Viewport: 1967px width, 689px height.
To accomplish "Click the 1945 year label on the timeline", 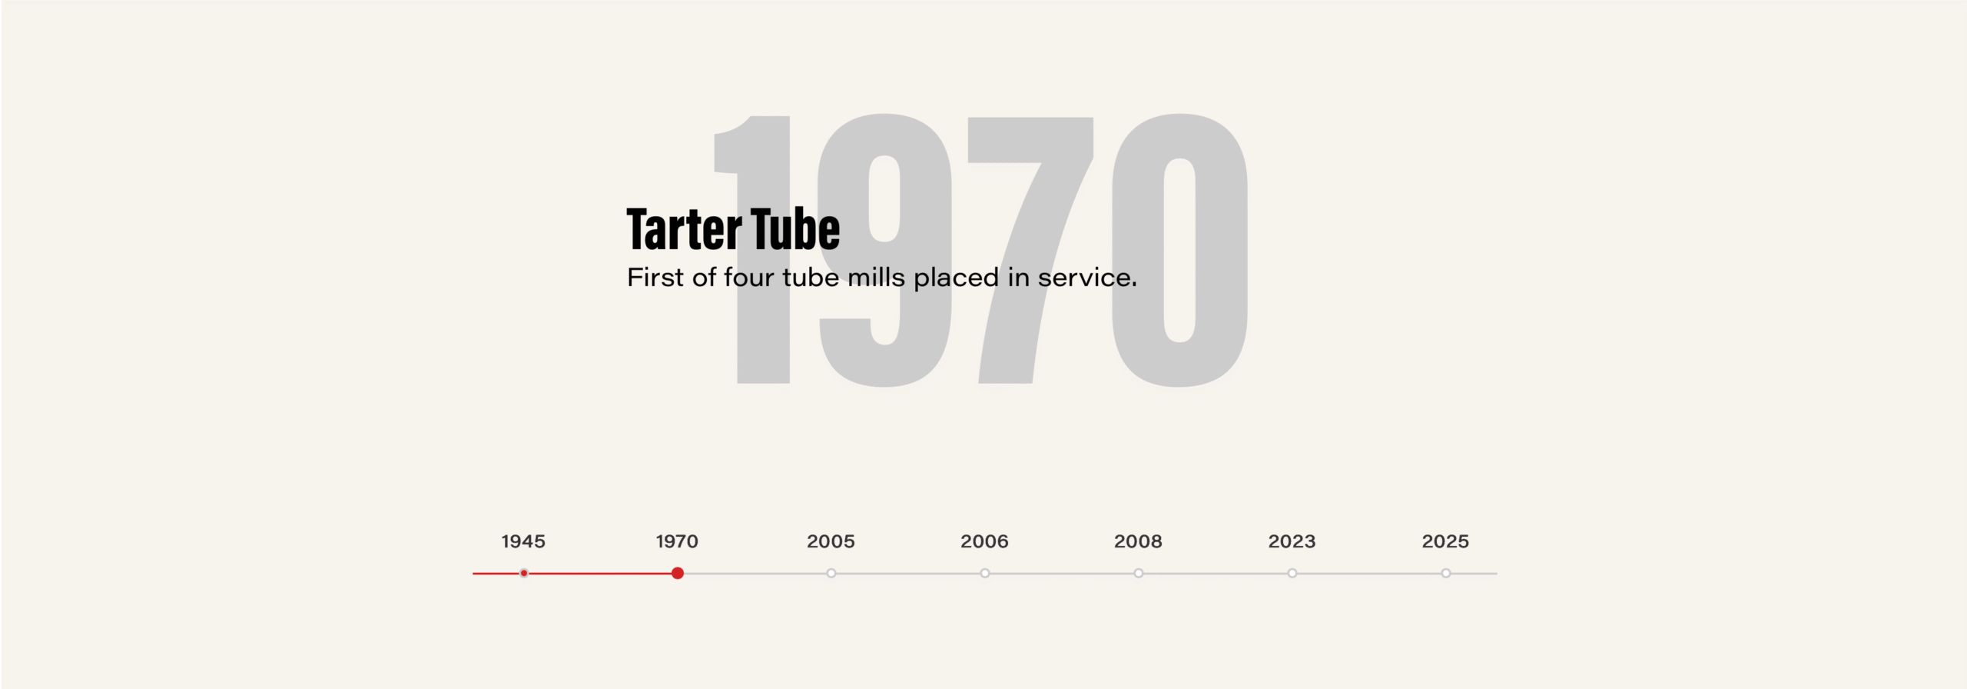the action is [523, 541].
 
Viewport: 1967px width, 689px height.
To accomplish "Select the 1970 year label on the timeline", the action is [677, 541].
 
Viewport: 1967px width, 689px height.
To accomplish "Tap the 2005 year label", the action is [831, 541].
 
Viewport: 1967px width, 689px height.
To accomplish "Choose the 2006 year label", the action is [984, 541].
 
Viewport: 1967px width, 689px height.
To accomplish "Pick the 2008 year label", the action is [1138, 541].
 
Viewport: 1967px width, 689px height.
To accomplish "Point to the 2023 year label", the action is [1292, 541].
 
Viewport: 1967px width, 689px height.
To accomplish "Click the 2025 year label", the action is [1445, 541].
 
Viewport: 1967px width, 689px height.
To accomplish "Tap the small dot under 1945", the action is [524, 573].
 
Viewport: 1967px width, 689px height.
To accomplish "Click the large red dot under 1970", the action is [678, 573].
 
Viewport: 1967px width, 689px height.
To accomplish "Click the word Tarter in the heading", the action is [684, 229].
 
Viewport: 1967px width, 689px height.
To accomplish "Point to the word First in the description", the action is [655, 277].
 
